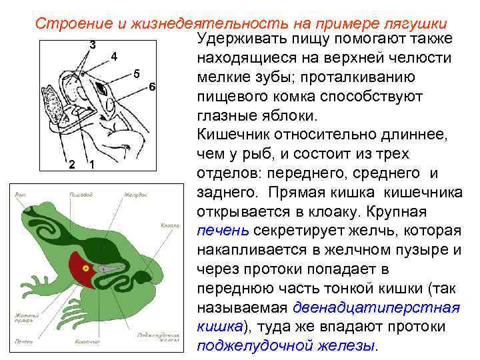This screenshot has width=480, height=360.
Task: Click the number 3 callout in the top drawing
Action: click(x=92, y=45)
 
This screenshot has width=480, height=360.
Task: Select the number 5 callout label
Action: click(x=136, y=73)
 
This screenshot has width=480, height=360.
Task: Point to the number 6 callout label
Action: click(x=152, y=88)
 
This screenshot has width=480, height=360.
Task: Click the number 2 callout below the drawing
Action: click(x=71, y=165)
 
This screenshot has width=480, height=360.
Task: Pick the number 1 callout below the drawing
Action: click(x=91, y=165)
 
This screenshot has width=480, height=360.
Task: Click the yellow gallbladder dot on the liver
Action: click(x=85, y=268)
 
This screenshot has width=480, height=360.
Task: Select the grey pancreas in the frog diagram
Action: click(x=113, y=267)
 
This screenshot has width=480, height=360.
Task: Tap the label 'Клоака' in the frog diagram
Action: click(x=170, y=226)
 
